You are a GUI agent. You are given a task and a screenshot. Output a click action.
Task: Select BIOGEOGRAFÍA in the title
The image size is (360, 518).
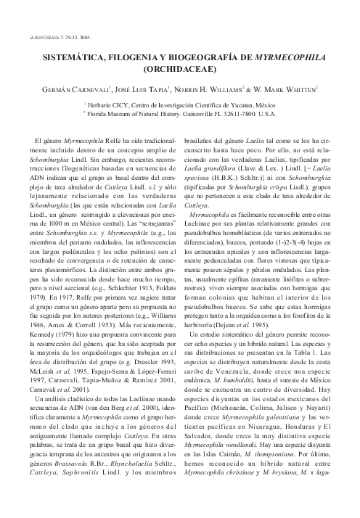(197, 54)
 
